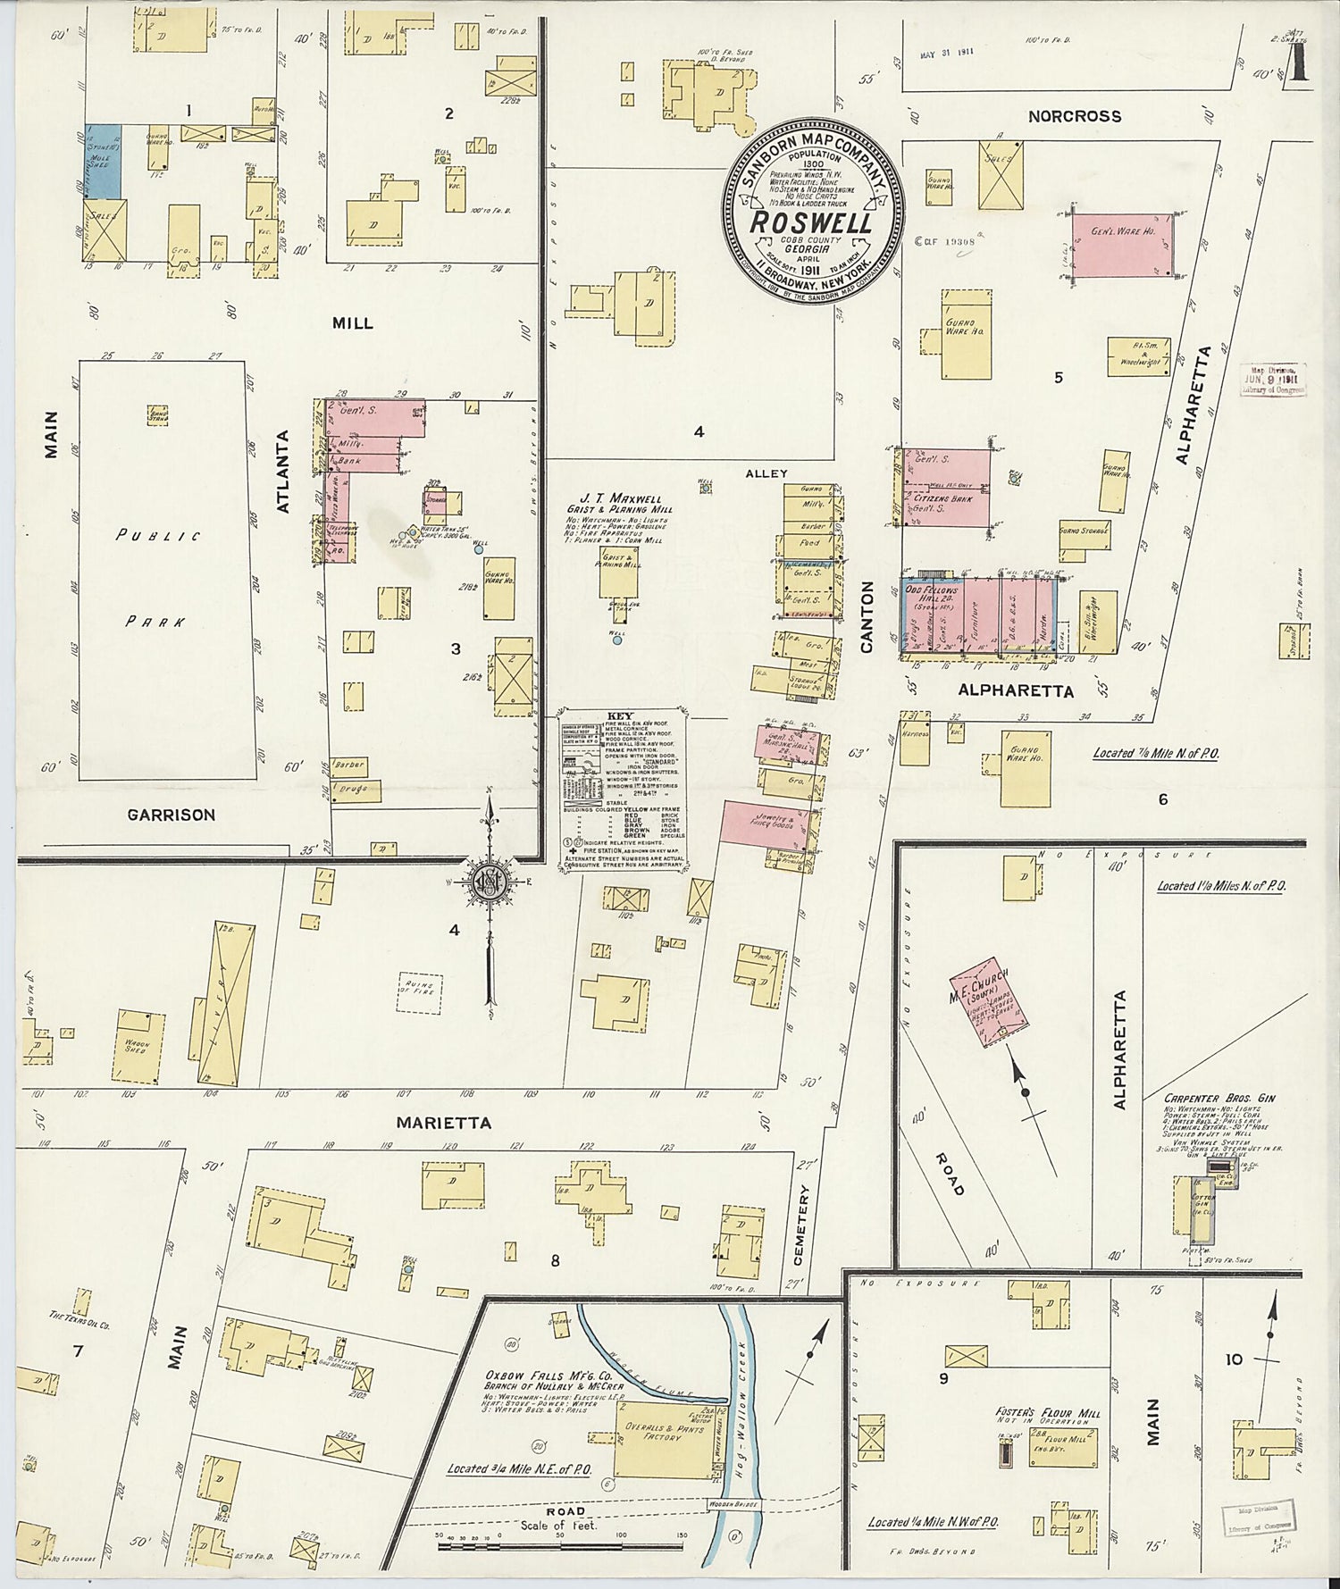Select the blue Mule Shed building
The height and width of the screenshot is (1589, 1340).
coord(103,162)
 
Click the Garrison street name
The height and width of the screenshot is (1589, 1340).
coord(171,815)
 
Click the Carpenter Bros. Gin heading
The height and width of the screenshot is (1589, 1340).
coord(1219,1099)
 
